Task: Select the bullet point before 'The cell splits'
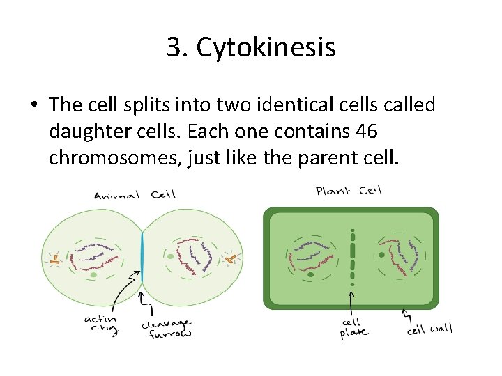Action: coord(34,107)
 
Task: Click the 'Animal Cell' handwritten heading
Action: coord(135,195)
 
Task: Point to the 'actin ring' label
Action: coord(101,324)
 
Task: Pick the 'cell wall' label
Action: coord(429,329)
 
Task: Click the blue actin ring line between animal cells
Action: coord(142,258)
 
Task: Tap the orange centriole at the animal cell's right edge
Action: coord(231,259)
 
